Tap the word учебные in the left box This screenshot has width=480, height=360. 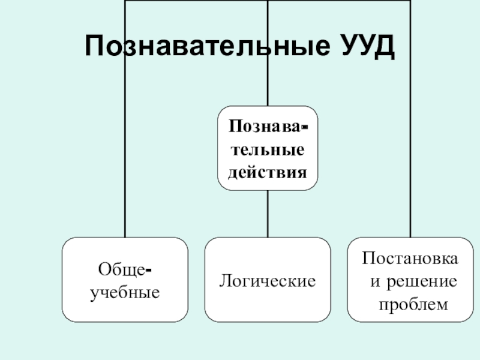(125, 293)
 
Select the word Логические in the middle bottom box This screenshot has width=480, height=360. (268, 280)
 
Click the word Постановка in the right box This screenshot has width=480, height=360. (411, 259)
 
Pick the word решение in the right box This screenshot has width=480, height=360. (421, 281)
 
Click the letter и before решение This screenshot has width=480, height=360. (373, 281)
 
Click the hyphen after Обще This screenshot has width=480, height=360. (148, 272)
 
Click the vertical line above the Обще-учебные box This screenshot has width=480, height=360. (125, 150)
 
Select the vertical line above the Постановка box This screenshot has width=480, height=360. (411, 150)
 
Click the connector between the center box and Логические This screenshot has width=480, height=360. (268, 214)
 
